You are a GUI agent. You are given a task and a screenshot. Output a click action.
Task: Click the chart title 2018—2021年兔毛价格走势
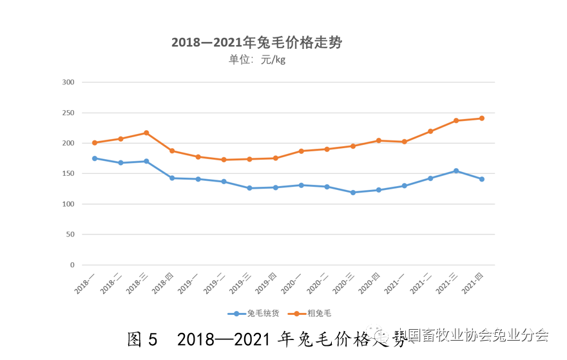(256, 43)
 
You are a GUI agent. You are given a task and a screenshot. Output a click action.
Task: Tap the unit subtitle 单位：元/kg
(256, 61)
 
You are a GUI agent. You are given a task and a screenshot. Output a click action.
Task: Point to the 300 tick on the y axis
(68, 82)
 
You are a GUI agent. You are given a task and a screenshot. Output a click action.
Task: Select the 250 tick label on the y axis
(68, 113)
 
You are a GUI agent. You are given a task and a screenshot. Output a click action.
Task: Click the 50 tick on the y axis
(70, 234)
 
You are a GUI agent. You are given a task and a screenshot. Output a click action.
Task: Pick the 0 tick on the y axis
(72, 265)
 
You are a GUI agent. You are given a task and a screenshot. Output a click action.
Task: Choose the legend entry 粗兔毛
(313, 313)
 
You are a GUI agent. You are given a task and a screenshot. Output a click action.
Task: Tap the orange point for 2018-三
(146, 133)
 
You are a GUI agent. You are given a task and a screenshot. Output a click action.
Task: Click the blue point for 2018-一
(95, 158)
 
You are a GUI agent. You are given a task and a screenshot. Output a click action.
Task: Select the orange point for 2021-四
(481, 118)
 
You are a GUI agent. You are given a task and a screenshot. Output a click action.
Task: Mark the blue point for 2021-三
(456, 171)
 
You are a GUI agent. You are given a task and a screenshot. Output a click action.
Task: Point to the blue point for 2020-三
(352, 193)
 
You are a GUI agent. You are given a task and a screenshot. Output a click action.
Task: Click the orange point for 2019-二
(224, 160)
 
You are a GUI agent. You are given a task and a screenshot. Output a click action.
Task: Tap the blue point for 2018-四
(172, 178)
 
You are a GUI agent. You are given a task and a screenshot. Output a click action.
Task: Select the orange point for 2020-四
(378, 140)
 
